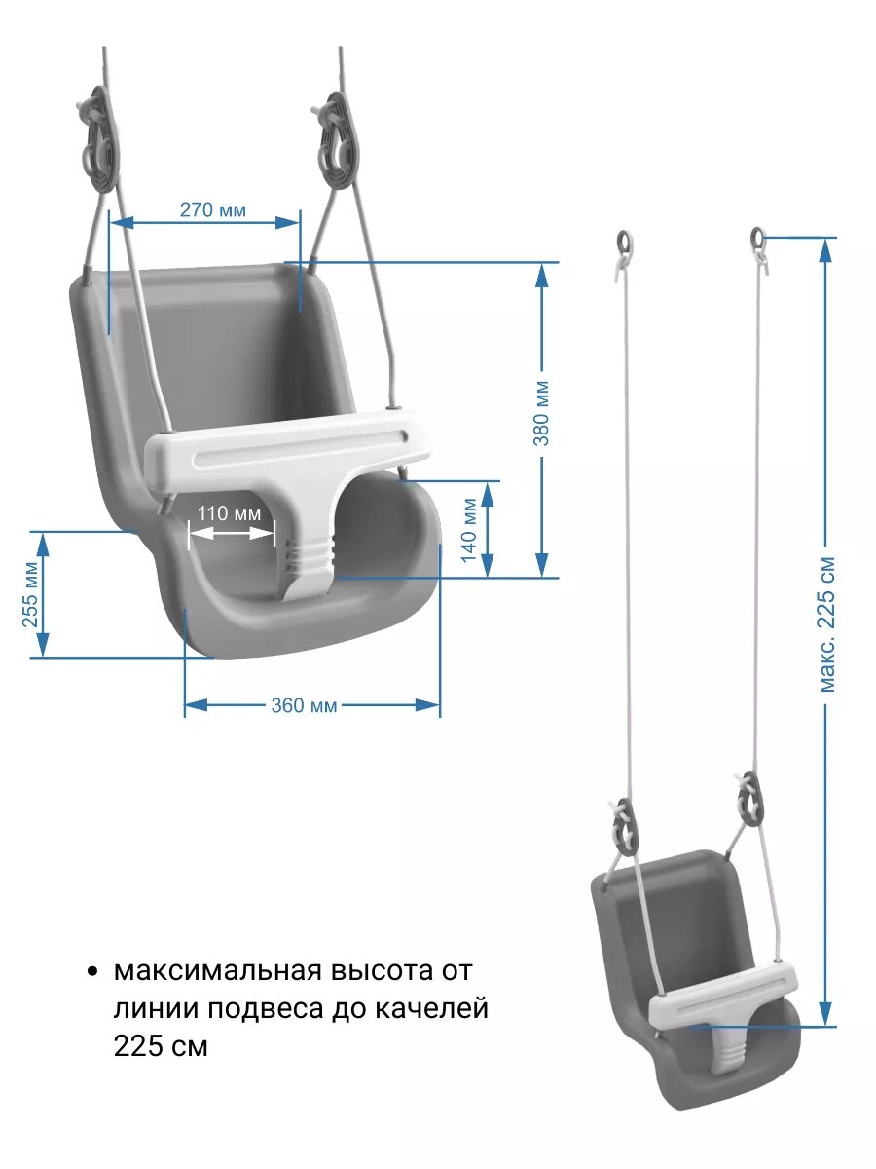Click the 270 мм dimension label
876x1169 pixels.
[212, 209]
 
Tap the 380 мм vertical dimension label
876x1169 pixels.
[542, 413]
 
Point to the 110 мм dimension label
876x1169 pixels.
[230, 513]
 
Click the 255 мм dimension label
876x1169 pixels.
[30, 594]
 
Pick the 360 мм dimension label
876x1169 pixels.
[304, 705]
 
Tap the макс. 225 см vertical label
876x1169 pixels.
[827, 624]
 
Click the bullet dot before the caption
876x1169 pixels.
[92, 972]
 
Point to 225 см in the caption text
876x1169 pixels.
[161, 1047]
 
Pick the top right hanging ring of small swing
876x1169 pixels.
[758, 236]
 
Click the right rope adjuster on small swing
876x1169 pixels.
[748, 796]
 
